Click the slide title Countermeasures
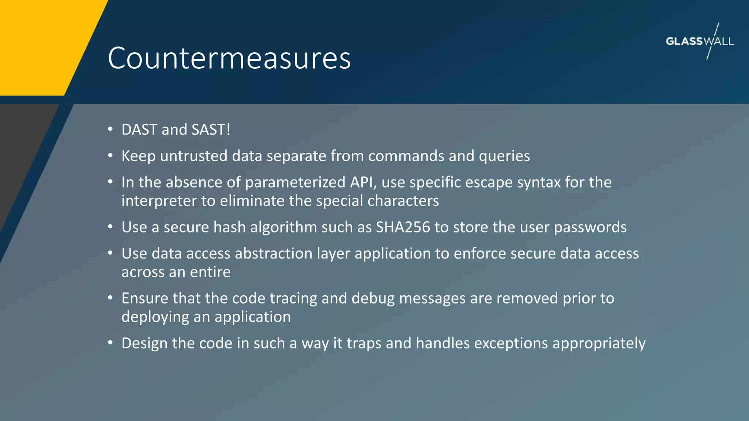(x=229, y=58)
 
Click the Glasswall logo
(x=700, y=41)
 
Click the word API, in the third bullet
(x=363, y=182)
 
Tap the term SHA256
(x=403, y=227)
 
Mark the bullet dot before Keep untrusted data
(x=110, y=156)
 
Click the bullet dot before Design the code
(x=110, y=343)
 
